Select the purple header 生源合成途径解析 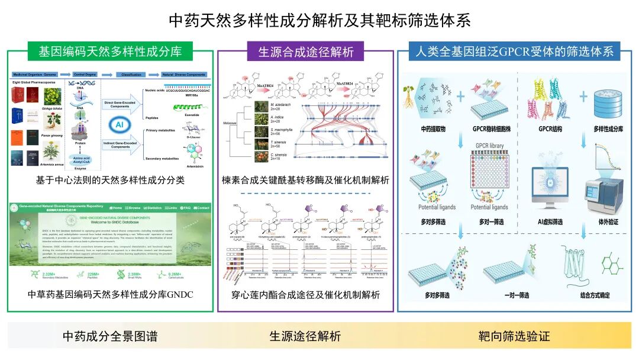(x=305, y=52)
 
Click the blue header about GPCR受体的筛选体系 (x=514, y=51)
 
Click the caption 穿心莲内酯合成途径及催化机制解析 (x=305, y=294)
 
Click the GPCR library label (x=489, y=145)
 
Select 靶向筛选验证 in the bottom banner (x=514, y=336)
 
